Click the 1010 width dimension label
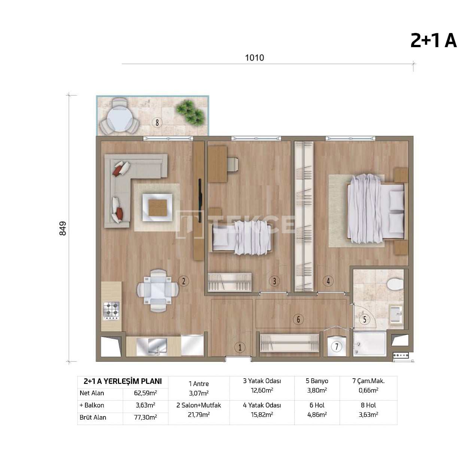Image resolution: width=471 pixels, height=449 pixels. point(254,58)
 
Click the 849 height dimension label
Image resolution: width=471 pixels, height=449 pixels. point(63,228)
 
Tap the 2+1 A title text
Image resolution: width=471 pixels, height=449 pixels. point(433,40)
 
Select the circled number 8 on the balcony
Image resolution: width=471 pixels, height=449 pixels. point(157,122)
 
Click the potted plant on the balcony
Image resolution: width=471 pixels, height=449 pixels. point(191,112)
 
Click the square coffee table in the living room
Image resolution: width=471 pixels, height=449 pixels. point(157,207)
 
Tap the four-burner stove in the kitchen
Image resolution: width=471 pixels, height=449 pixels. point(111,311)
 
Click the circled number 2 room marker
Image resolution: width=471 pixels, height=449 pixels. point(183,281)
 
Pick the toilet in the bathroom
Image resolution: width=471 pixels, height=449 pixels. point(395,284)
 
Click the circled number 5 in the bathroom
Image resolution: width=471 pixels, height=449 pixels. point(364,319)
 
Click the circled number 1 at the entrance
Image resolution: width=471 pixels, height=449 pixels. point(240,347)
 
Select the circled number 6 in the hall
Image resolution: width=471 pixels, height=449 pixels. point(298,319)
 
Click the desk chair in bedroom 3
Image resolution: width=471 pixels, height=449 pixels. point(232,165)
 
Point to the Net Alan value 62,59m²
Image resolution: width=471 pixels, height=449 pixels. point(145,393)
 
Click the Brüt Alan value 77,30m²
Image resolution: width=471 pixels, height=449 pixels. point(145,417)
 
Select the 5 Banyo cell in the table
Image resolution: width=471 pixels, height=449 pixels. point(317,385)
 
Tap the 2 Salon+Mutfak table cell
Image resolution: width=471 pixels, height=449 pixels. point(198,410)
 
